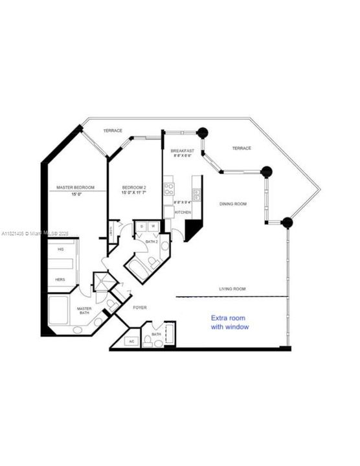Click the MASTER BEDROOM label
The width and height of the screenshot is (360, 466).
pos(75,188)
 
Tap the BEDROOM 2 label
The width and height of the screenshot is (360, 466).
pos(135,188)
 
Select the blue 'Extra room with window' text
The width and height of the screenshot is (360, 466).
pos(230,322)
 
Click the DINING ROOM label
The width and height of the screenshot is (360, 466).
pos(232,204)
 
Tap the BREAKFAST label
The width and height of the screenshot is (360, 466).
pos(183,151)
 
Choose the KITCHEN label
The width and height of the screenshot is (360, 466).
pos(183,212)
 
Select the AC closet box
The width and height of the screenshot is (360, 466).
pos(131,341)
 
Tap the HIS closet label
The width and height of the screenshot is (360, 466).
pos(62,249)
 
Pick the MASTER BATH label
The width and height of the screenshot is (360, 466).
pos(84,311)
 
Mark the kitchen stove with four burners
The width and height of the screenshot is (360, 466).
pos(168,190)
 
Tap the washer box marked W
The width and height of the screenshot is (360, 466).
pos(152,227)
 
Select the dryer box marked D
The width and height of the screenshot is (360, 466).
pos(141,227)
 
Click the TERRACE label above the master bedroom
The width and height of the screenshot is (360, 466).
pos(113,131)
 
